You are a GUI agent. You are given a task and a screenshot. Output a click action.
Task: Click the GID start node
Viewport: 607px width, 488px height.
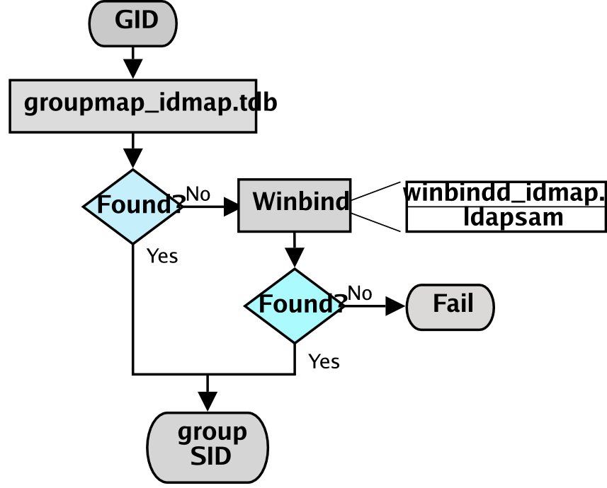point(132,23)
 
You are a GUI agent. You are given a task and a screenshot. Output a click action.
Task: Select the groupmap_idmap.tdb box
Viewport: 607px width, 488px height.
point(132,105)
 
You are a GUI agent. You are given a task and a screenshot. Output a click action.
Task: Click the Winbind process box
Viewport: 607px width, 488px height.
point(294,205)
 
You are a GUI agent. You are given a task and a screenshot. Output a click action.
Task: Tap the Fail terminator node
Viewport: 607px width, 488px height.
point(450,307)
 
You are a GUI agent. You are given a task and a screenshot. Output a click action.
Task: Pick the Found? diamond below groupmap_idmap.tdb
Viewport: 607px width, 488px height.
point(132,207)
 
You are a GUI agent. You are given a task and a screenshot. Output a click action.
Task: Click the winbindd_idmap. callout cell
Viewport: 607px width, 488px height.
point(506,193)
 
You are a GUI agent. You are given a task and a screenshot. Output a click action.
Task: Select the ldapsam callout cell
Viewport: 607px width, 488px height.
point(506,219)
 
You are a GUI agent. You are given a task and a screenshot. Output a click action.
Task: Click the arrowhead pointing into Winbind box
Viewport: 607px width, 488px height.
point(231,207)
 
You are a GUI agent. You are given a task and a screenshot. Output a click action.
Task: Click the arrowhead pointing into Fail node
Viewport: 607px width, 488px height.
point(395,306)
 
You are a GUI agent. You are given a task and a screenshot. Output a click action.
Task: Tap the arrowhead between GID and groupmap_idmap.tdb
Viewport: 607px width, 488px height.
point(132,69)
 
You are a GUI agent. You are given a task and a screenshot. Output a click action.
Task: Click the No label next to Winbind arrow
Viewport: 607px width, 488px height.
point(198,193)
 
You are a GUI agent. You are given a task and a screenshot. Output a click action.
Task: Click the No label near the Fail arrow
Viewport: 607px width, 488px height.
point(359,293)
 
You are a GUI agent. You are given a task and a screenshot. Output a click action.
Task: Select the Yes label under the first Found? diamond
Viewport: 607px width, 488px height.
point(162,256)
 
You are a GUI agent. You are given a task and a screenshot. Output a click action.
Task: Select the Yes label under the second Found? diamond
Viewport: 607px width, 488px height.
point(324,361)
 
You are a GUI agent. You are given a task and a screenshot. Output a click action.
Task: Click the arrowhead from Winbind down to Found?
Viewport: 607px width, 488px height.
point(294,258)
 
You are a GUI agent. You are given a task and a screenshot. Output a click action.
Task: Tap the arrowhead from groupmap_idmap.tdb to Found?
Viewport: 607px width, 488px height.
point(132,159)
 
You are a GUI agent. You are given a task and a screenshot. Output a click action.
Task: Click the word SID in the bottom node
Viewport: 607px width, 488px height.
point(210,457)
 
